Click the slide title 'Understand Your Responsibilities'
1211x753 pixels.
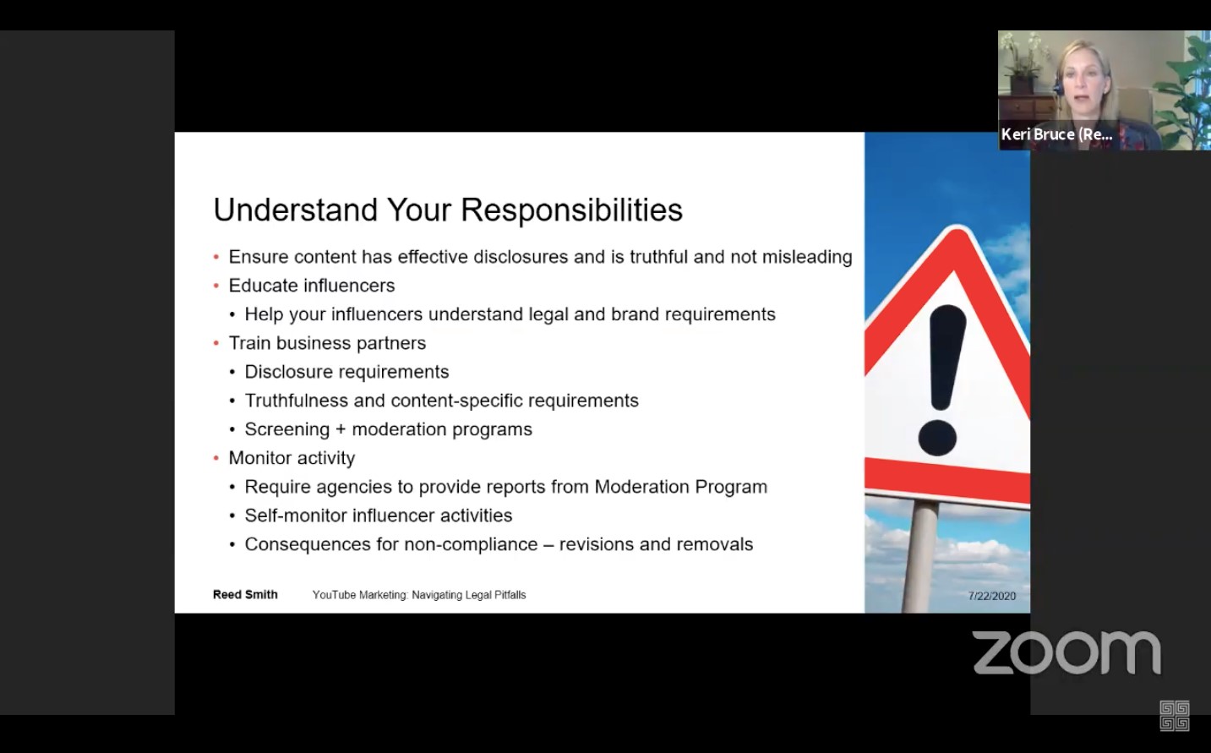[448, 210]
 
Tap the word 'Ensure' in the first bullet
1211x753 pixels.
[258, 257]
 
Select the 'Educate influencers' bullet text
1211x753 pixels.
[311, 286]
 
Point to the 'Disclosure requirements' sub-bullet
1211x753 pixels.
[346, 372]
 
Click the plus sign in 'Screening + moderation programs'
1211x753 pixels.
[341, 430]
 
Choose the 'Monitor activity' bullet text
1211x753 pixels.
[292, 458]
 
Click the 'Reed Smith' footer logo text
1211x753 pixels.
[245, 595]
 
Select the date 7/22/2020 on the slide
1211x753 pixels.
[991, 596]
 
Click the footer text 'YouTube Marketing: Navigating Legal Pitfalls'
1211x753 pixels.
[419, 595]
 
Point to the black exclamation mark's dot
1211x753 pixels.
[937, 438]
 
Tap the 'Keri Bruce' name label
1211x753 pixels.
[1056, 134]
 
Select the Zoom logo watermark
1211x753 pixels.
[1066, 652]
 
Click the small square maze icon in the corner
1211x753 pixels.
[1174, 716]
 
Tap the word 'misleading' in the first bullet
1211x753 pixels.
[807, 257]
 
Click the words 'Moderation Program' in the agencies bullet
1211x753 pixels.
[680, 487]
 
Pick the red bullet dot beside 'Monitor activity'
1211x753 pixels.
[216, 458]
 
